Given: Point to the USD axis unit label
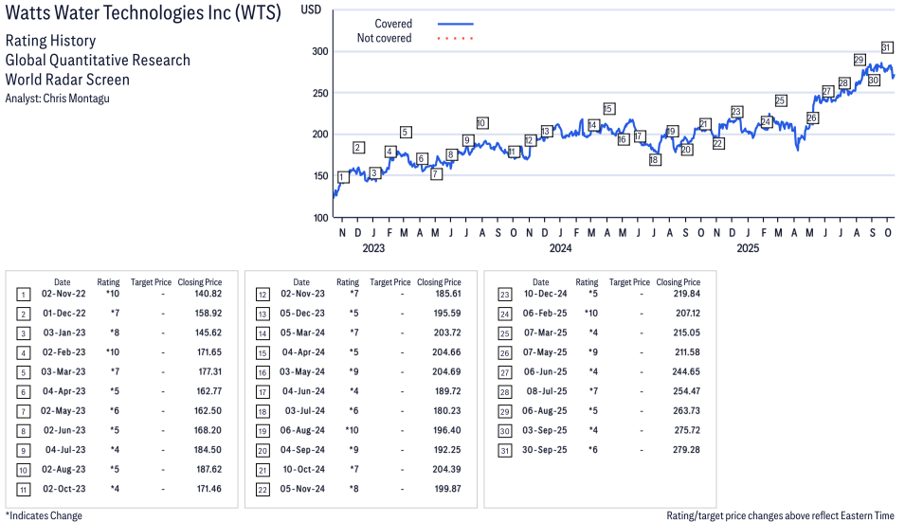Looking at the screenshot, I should pyautogui.click(x=311, y=9).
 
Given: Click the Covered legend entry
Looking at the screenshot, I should pyautogui.click(x=393, y=24).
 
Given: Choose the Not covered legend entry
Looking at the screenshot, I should pyautogui.click(x=384, y=38).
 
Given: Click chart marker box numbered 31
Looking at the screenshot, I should pyautogui.click(x=887, y=47).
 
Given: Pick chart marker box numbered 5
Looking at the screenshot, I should pyautogui.click(x=406, y=133).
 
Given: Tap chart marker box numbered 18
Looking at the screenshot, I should pyautogui.click(x=655, y=160).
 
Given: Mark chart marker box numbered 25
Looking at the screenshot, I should pyautogui.click(x=781, y=100).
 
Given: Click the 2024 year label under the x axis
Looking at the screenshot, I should pyautogui.click(x=560, y=249).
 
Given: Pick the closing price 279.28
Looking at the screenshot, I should pyautogui.click(x=678, y=449).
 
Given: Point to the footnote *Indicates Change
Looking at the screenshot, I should pyautogui.click(x=44, y=515).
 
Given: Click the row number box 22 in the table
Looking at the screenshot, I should pyautogui.click(x=262, y=488).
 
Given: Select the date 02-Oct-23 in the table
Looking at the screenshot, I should pyautogui.click(x=63, y=488).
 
